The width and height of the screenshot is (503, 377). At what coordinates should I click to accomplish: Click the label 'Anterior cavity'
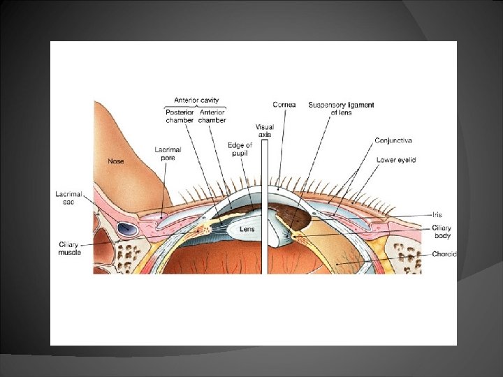point(196,101)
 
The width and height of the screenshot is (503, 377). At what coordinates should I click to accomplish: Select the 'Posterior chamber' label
point(180,116)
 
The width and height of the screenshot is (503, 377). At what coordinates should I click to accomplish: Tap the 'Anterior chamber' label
point(212,116)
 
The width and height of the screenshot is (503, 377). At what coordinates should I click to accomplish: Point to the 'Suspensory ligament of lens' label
point(341,108)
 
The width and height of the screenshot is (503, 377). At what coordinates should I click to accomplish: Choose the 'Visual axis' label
point(263,130)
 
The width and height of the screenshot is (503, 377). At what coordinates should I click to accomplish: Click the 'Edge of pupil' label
point(240,149)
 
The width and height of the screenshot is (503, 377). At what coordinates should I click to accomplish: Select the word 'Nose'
point(116,161)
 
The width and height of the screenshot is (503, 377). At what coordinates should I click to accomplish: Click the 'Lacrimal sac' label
point(69,197)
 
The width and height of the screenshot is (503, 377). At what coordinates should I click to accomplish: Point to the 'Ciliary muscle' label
point(68,248)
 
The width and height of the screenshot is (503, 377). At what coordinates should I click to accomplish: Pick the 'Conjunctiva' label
point(393,140)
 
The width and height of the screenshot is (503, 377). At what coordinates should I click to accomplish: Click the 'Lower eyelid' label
point(396,160)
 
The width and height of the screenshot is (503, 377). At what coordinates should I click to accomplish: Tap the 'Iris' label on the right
point(437,215)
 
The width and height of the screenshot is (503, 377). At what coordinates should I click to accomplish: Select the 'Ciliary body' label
point(442,231)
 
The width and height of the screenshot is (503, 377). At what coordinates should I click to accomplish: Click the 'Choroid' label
point(443,255)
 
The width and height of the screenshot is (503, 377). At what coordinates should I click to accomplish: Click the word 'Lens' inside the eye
point(247,228)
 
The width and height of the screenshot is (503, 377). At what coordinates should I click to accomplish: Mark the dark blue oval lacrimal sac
point(126,228)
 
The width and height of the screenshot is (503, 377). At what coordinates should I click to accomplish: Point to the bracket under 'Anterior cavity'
point(196,107)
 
